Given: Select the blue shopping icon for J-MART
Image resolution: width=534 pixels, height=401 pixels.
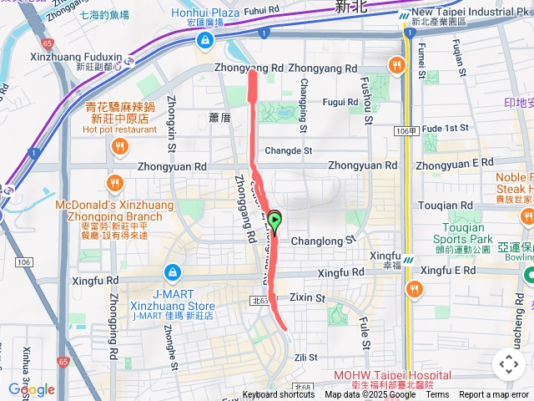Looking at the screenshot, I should (x=173, y=272).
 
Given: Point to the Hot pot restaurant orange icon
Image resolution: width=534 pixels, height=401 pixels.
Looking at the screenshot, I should (x=120, y=146).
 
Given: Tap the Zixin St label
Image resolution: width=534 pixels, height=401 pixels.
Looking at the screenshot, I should (x=307, y=297).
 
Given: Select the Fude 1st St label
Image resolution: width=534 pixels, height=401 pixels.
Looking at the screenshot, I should (x=446, y=128).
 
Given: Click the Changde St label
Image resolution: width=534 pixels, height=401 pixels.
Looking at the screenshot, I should (x=288, y=151).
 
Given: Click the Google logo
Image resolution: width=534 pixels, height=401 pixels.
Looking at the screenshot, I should (x=31, y=389).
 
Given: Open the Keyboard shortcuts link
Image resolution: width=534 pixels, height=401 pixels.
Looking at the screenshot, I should (x=279, y=395).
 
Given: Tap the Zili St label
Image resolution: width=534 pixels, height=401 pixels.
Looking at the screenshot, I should (x=306, y=357).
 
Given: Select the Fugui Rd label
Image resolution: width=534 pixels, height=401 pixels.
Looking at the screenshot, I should (x=340, y=101).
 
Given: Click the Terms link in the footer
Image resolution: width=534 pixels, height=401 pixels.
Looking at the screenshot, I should (x=437, y=395).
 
